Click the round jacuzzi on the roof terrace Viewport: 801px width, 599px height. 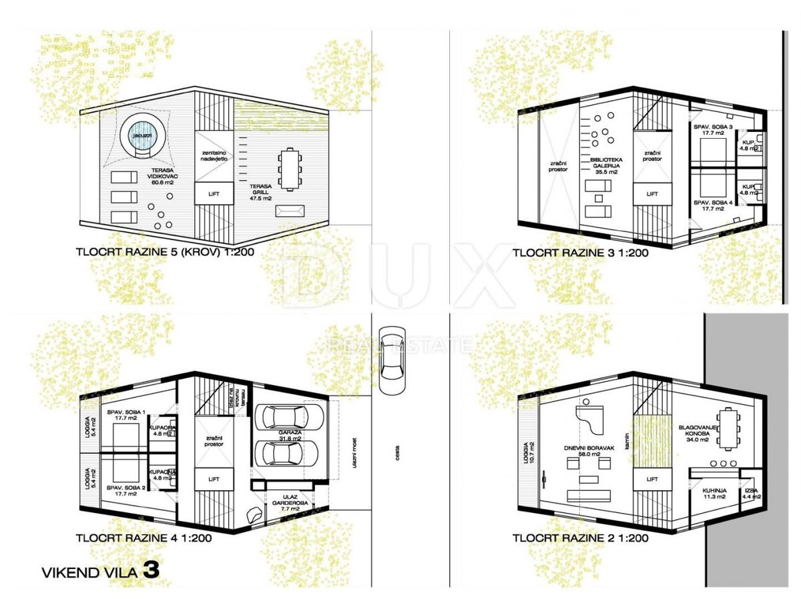(141, 132)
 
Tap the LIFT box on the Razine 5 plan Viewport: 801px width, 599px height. (214, 194)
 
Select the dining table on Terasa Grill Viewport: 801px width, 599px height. (289, 169)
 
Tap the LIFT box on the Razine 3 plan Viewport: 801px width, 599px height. (652, 194)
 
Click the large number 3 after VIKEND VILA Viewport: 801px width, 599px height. (151, 570)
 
